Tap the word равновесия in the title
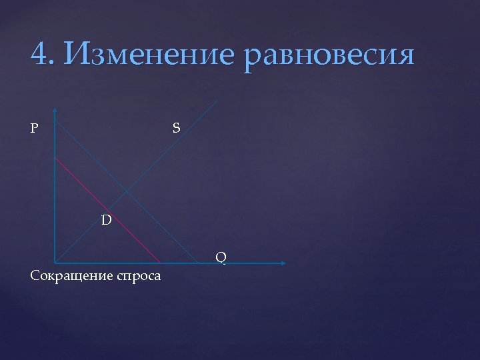click(x=330, y=54)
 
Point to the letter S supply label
click(x=175, y=127)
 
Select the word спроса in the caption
click(x=138, y=276)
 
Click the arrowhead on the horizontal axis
click(x=283, y=263)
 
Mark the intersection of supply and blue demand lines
click(x=126, y=193)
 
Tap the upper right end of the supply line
click(x=217, y=101)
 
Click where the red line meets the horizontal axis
click(x=161, y=262)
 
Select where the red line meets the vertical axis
click(x=55, y=158)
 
